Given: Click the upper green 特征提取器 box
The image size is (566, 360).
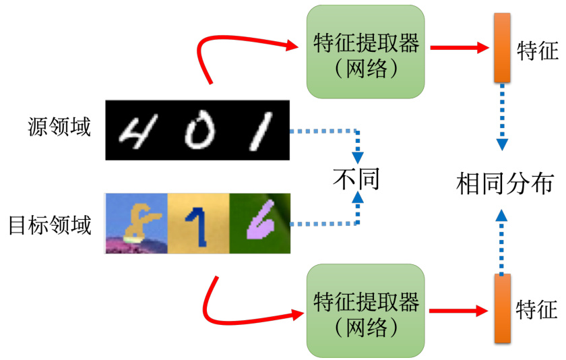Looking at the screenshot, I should coord(366,53).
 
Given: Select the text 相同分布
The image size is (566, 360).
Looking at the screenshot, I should coord(505,183).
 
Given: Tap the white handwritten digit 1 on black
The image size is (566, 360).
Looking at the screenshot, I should coord(259,131).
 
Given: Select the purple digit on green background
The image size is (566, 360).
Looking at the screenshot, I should coord(259,220).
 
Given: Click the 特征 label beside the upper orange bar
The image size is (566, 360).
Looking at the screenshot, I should coord(537,51).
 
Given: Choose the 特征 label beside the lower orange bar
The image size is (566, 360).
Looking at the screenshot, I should coord(536,310).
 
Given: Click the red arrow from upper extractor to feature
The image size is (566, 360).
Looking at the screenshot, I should coord(458,48).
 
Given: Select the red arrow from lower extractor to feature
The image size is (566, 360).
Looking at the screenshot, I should coord(458,311).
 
